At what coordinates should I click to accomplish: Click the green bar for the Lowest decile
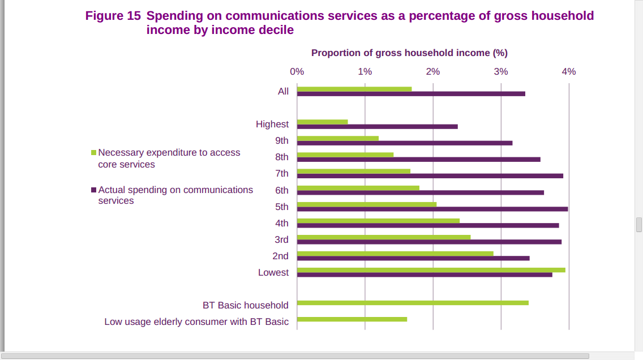coord(431,270)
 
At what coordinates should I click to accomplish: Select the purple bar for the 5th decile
coord(432,209)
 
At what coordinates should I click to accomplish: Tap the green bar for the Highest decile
coord(322,122)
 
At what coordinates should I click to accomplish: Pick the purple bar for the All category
coord(411,94)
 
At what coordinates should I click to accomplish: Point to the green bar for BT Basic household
coord(413,303)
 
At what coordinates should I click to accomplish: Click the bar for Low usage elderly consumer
coord(351,319)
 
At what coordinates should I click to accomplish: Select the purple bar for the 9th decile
coord(405,143)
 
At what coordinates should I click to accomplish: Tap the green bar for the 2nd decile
coord(395,254)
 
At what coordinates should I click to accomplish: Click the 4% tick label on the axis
coord(568,71)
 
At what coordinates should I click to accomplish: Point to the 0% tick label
coord(297,71)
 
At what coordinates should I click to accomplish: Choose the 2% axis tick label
coord(432,71)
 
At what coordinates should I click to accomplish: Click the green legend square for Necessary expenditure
coord(94,153)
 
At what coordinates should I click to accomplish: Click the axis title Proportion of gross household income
coord(409,53)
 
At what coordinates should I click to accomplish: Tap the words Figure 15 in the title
coord(113,16)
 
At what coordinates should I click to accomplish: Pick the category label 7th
coord(282,173)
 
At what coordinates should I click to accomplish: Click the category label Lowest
coord(273,272)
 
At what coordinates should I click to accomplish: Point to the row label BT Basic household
coord(246,305)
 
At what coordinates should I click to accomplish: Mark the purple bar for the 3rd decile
coord(429,242)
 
